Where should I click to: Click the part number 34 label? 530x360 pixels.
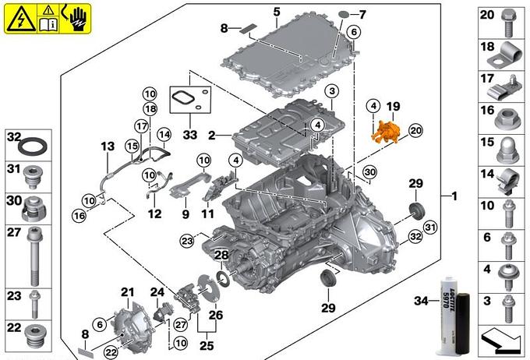(x=422, y=301)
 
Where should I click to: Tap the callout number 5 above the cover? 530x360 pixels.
(x=277, y=12)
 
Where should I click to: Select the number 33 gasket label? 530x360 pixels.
(x=190, y=134)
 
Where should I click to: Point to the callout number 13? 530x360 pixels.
(x=107, y=146)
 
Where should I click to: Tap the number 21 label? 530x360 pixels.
(x=128, y=292)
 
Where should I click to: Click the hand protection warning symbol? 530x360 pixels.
(x=78, y=16)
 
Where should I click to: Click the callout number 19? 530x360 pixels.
(x=392, y=105)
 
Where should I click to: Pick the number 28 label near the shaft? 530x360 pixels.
(x=221, y=256)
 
